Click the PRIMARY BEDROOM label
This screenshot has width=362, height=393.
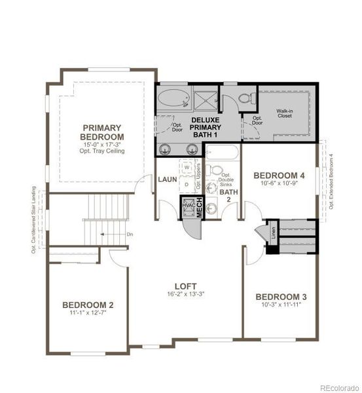point(101,132)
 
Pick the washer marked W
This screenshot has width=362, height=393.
point(187,168)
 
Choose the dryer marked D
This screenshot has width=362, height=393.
point(187,185)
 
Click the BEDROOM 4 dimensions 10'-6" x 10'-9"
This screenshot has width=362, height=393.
point(280,185)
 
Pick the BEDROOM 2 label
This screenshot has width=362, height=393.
point(88,305)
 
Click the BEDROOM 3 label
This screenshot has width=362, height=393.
point(280,297)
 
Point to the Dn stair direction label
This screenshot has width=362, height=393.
point(130,234)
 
